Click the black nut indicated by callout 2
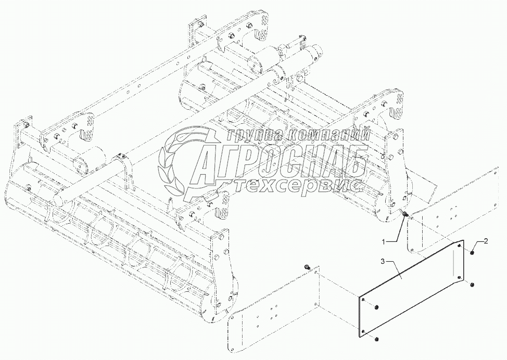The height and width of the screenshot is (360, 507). click(471, 253)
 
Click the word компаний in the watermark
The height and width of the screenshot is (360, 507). click(328, 135)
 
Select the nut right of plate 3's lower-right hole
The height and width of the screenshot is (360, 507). click(471, 285)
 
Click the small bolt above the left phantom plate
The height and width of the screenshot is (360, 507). click(307, 267)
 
